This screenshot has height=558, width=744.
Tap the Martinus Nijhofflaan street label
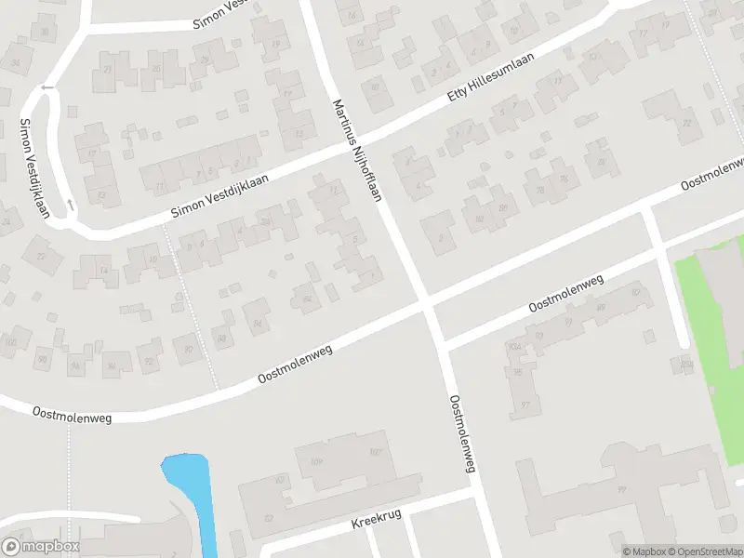358,149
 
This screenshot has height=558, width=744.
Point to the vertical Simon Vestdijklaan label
34,167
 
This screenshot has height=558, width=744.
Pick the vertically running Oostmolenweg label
462,433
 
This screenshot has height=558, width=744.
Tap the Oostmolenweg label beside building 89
565,293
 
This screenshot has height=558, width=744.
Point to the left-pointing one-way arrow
47,88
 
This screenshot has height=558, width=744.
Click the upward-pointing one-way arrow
70,203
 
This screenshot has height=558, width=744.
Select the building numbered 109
318,459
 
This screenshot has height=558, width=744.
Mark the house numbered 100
12,343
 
